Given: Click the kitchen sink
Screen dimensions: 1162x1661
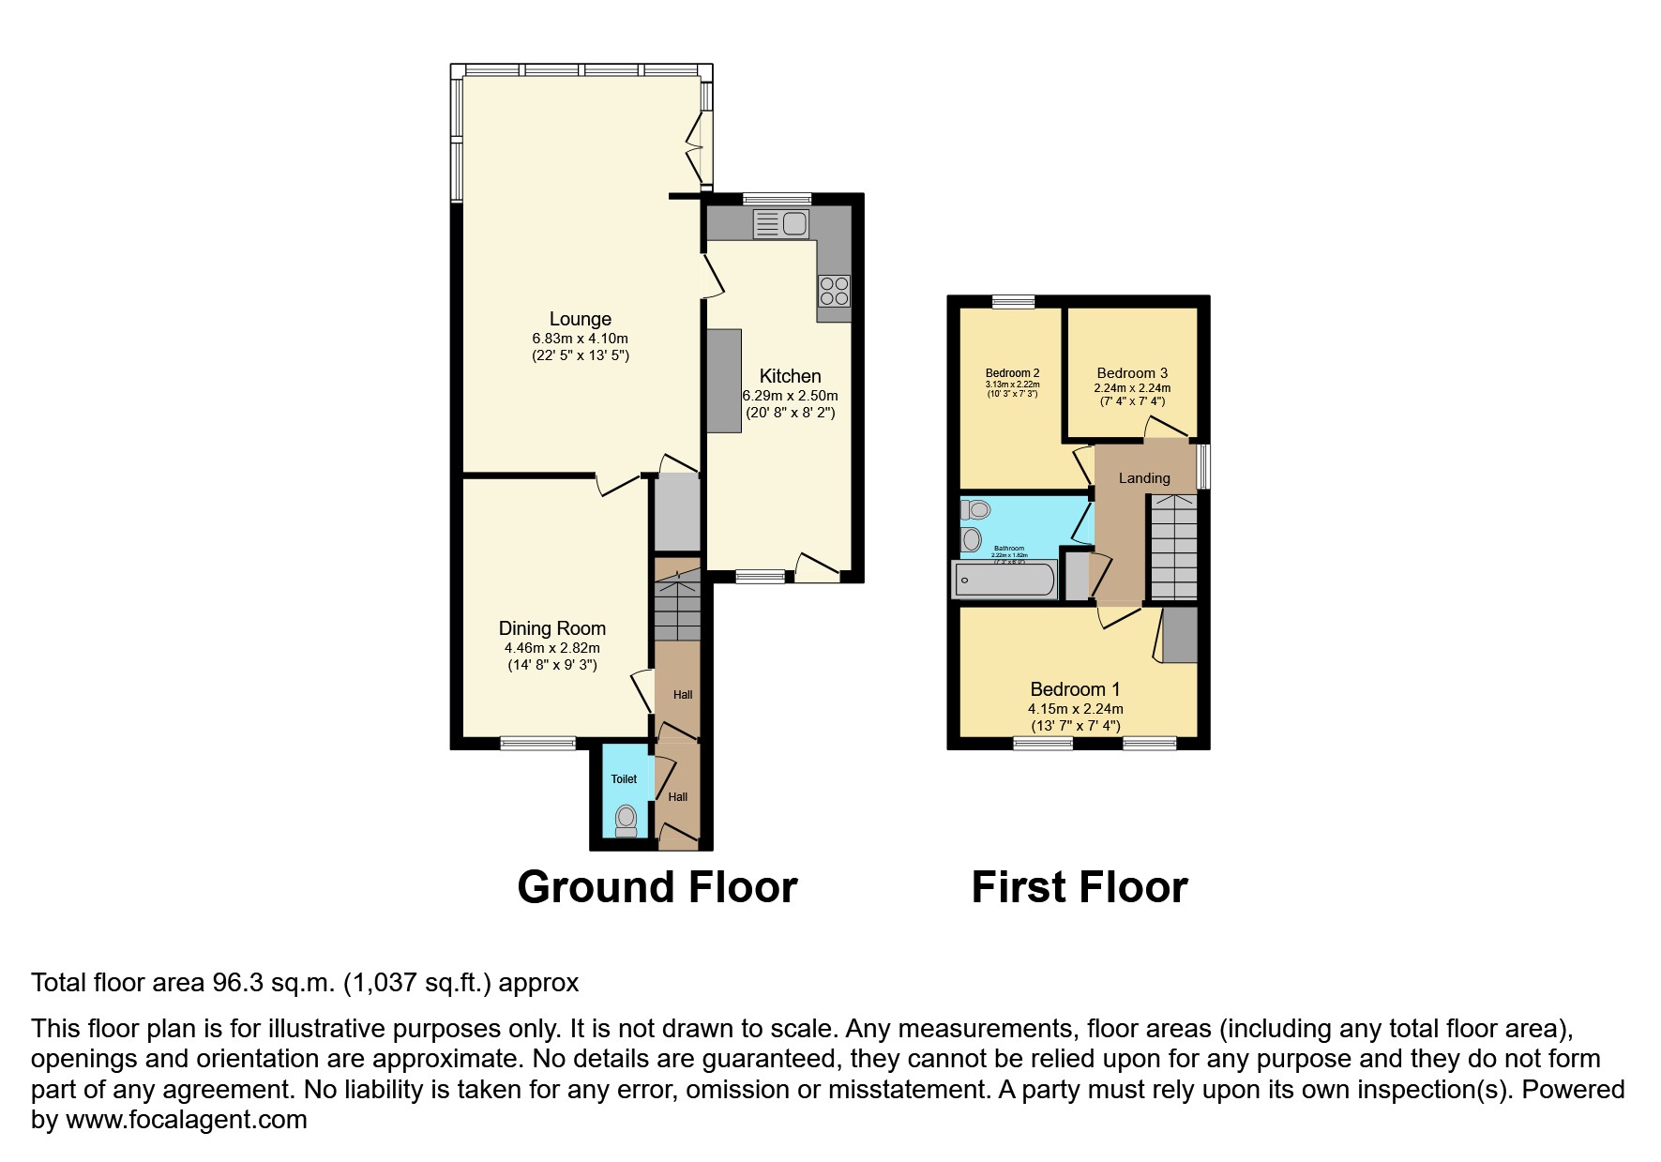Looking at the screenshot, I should pos(781,224).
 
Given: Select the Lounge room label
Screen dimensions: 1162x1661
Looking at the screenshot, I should pos(581,319).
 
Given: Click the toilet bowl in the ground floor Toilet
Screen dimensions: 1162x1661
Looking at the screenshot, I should pos(626,821).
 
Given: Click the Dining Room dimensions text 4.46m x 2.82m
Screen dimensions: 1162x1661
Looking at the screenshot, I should pos(551,648).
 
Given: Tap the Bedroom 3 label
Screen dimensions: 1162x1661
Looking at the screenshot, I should pos(1132,372).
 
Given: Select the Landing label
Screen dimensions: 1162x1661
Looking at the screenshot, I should pos(1144,478).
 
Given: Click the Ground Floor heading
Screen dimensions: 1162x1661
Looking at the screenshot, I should pos(657,887).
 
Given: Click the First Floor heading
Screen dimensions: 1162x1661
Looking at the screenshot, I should pos(1080,887).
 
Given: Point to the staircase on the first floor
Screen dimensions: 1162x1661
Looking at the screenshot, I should pos(1173,548).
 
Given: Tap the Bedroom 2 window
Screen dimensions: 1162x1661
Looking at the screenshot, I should pos(1014,301).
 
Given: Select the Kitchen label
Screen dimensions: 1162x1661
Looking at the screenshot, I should pos(790,376).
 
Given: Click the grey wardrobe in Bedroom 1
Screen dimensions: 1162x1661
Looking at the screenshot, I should pos(1181,635).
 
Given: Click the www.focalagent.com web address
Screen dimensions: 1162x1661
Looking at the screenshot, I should pos(186,1120).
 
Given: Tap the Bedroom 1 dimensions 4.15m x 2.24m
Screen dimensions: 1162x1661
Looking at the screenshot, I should pos(1075,709).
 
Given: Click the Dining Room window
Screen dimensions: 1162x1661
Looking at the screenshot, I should pos(537,744).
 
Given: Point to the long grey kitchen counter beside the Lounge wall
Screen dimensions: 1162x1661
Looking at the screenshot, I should pos(724,381).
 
